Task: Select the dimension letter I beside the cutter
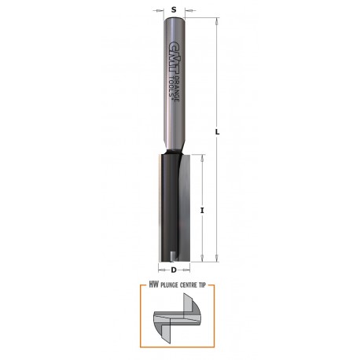click(x=202, y=211)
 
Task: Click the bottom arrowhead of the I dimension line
click(x=204, y=257)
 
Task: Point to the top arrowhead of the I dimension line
click(x=204, y=158)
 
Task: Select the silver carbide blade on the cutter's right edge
click(x=186, y=204)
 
